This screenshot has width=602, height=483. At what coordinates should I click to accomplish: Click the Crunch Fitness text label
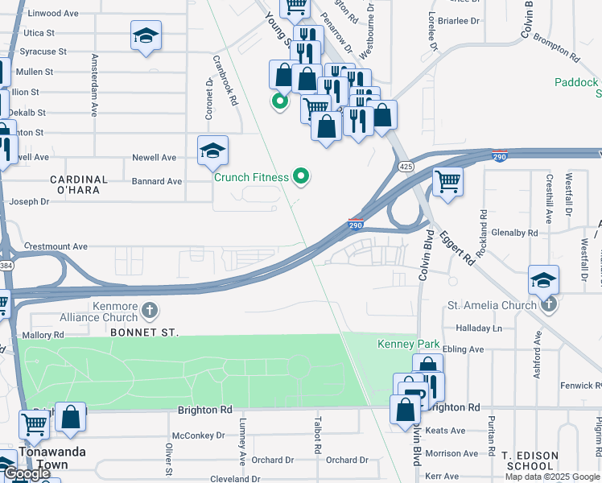[251, 177]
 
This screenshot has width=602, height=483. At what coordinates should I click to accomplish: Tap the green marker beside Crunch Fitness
[302, 175]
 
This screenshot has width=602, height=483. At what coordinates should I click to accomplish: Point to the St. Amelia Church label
[492, 305]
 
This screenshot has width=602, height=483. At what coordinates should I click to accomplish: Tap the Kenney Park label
[409, 345]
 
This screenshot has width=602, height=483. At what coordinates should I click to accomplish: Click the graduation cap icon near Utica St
[146, 35]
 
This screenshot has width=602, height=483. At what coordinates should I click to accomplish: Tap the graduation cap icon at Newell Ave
[212, 151]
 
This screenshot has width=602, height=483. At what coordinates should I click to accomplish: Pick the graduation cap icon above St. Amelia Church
[544, 280]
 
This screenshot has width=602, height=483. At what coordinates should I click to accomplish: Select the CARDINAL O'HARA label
[79, 185]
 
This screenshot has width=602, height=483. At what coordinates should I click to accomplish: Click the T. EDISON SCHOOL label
[529, 461]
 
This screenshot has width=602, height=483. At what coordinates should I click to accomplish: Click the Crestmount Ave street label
[56, 246]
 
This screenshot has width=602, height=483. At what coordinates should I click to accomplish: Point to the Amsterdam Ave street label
[95, 85]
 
